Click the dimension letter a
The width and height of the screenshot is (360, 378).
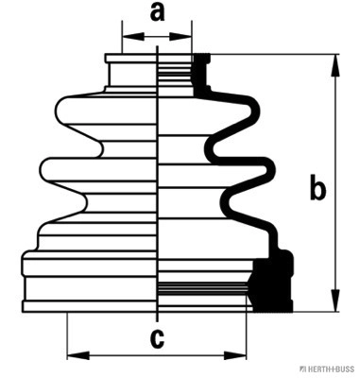(x=157, y=12)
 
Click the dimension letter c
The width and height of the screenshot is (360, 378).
(x=157, y=338)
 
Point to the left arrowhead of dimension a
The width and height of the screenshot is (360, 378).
(x=133, y=37)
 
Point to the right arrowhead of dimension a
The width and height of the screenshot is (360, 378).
(x=180, y=37)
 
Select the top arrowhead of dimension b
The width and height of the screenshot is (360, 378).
(x=335, y=65)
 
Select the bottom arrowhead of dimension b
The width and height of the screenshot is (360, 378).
(x=335, y=301)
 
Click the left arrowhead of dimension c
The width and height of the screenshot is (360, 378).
(x=78, y=356)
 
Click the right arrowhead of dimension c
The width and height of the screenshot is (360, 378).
(x=235, y=356)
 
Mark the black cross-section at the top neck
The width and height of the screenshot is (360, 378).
(x=201, y=74)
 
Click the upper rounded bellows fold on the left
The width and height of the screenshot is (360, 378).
(x=80, y=111)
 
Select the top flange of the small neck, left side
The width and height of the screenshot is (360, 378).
(x=131, y=59)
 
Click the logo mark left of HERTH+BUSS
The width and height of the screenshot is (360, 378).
(x=303, y=369)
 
